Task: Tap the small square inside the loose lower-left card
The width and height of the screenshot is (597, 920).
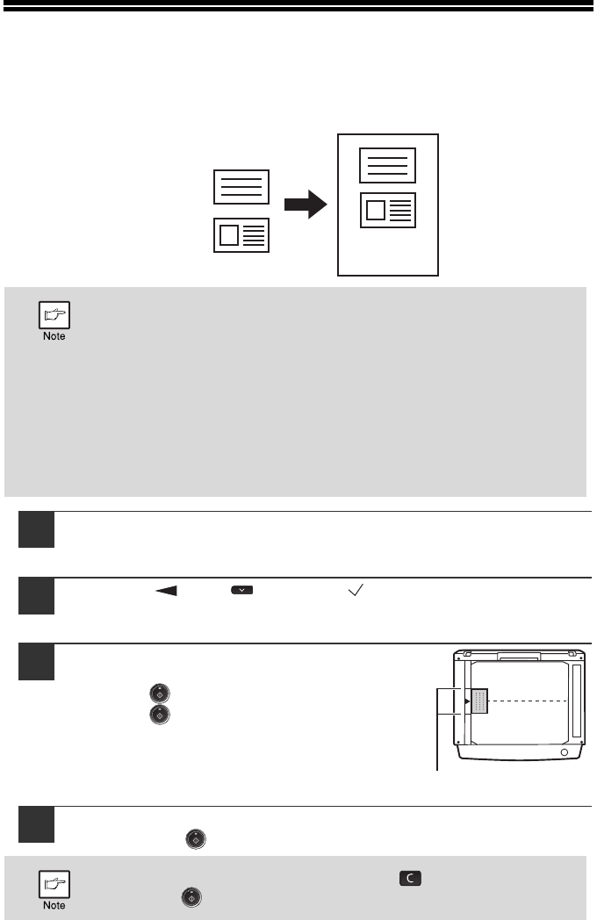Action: (x=228, y=235)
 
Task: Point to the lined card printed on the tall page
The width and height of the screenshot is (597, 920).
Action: (x=387, y=165)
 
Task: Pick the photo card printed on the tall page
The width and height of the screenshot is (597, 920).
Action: (x=387, y=211)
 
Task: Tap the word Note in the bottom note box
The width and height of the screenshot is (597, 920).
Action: (x=54, y=905)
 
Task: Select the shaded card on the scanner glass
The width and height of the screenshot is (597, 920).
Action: (x=479, y=701)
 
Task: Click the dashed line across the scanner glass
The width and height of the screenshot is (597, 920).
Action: (x=527, y=701)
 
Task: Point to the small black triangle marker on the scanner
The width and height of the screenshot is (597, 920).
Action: (x=467, y=701)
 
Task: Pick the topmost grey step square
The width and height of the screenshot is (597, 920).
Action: (x=38, y=529)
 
